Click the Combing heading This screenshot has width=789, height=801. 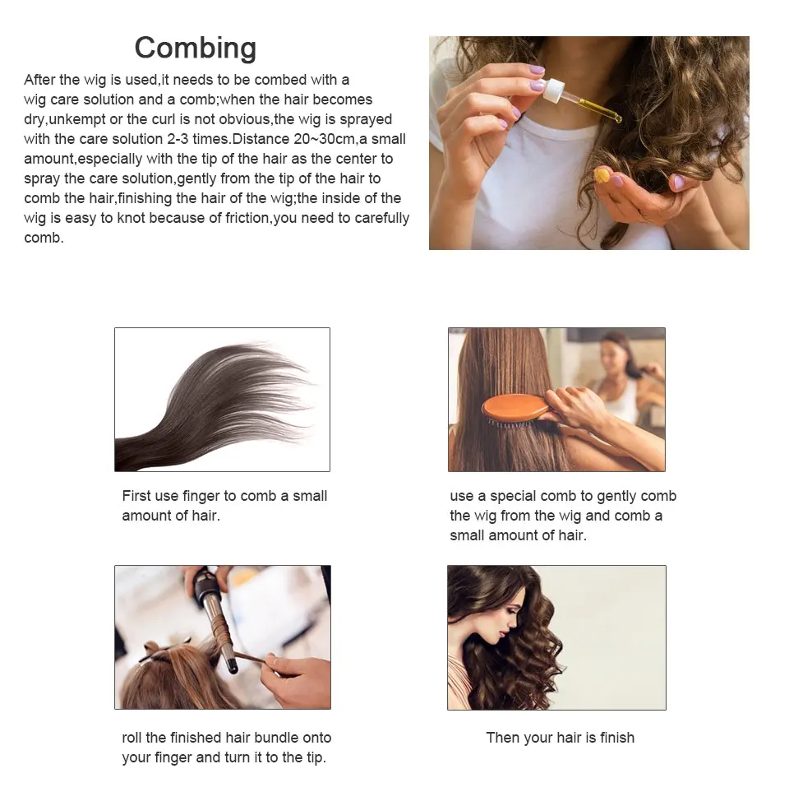[195, 48]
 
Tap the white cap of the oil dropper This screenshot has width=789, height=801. [554, 90]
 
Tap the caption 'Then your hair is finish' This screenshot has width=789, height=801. [561, 738]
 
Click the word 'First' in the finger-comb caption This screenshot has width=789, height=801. [136, 496]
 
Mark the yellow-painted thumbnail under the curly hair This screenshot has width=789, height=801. [602, 176]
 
